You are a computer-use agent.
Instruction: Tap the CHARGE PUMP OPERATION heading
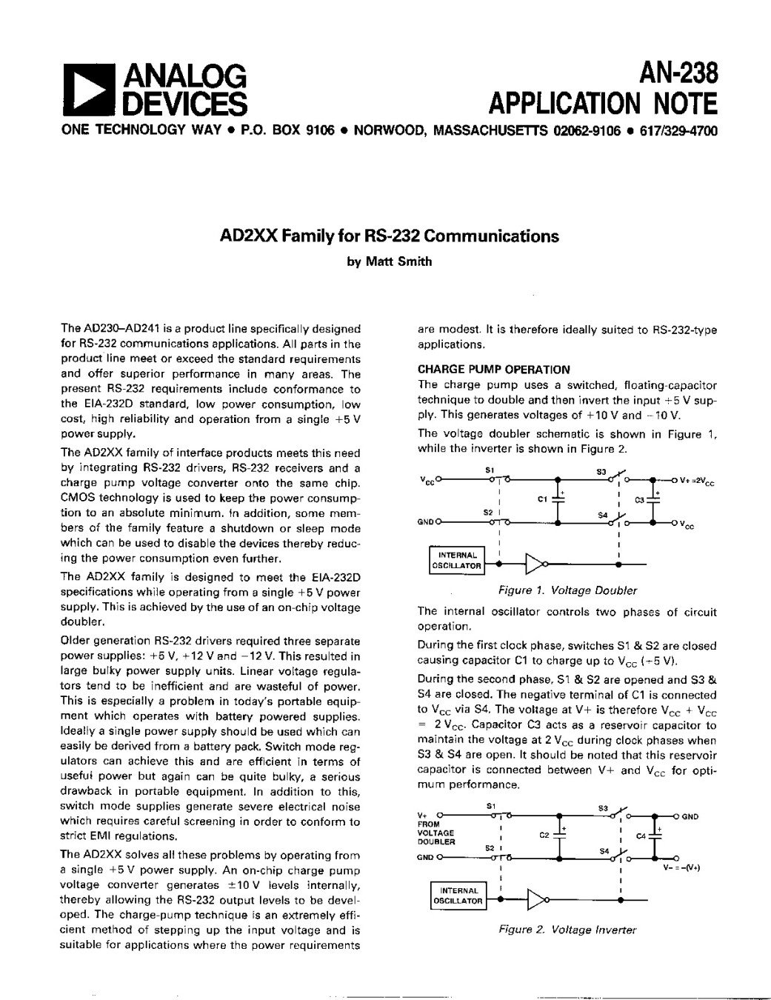point(494,370)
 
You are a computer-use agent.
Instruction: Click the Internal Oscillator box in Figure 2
point(458,896)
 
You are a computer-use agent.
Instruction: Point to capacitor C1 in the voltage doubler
point(560,498)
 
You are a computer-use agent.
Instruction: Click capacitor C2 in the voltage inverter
point(560,834)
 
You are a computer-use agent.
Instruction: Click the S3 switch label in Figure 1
point(601,470)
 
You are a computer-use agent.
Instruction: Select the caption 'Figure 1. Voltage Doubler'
point(567,590)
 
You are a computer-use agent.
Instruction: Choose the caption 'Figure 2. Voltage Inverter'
point(567,930)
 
